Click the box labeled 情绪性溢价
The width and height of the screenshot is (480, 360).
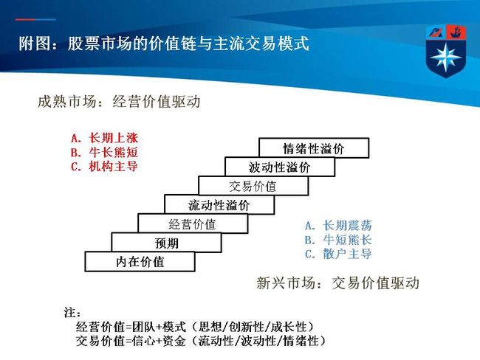click(314, 148)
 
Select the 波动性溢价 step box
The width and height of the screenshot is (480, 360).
click(280, 167)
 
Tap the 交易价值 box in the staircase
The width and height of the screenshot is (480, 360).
click(253, 186)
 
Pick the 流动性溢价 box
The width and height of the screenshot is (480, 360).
click(219, 204)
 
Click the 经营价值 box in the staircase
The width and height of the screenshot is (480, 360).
click(193, 224)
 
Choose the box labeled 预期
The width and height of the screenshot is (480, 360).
click(166, 243)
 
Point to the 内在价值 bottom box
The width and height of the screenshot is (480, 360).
click(140, 261)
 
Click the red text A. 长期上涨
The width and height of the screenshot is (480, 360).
click(104, 138)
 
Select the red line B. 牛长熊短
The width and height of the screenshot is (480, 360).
click(104, 152)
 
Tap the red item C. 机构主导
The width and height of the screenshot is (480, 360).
click(104, 167)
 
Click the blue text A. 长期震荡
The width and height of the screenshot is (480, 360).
click(338, 226)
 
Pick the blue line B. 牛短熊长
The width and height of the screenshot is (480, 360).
click(338, 240)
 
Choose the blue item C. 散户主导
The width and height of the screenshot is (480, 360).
click(338, 254)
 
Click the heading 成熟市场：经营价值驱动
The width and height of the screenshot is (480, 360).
click(119, 101)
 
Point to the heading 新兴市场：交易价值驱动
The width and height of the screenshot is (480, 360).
click(337, 283)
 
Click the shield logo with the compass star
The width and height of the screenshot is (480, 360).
click(446, 51)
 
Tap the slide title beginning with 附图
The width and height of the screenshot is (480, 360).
click(164, 44)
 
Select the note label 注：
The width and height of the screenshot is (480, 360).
click(72, 312)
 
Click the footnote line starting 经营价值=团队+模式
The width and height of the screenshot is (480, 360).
click(195, 327)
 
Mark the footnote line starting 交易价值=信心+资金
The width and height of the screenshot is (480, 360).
click(201, 340)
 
